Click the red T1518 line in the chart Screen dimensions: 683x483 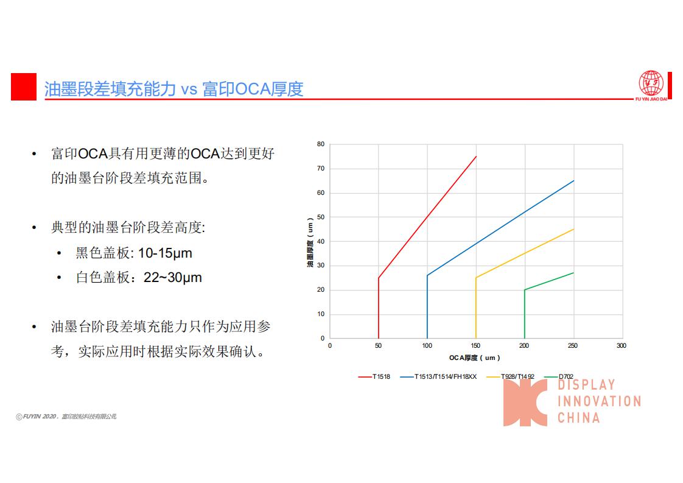427,217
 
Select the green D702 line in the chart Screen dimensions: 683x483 525,305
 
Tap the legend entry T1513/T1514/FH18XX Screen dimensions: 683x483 438,376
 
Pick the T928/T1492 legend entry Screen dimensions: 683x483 511,376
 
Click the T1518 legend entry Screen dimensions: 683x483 374,376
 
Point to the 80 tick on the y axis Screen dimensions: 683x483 321,144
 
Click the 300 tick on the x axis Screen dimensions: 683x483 622,346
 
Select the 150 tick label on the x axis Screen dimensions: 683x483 475,346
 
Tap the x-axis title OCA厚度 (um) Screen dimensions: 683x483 474,358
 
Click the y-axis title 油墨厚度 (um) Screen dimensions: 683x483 310,242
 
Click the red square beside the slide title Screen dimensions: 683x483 24,86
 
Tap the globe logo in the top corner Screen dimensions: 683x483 651,83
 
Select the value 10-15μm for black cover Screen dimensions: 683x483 165,253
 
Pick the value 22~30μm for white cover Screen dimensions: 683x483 173,278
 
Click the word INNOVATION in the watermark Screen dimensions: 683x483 600,401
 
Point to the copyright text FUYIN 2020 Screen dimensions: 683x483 40,417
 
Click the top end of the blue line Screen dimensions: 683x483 573,180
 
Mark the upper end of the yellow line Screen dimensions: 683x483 573,229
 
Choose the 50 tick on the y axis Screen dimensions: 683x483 321,217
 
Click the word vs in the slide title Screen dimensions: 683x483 189,90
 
